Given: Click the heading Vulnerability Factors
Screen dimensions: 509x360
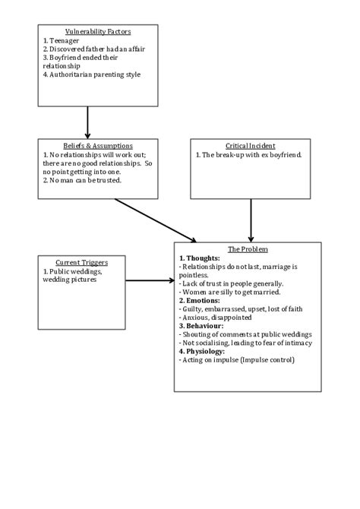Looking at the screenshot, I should click(x=98, y=32).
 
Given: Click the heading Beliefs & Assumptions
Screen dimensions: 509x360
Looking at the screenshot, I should click(x=98, y=145).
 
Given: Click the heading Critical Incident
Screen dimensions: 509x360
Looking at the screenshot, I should click(x=250, y=145).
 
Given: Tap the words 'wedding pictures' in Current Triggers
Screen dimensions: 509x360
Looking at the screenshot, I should click(x=70, y=280).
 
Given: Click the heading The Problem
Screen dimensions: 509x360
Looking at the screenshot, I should click(x=248, y=249).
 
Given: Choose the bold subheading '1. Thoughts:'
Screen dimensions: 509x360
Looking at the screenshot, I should click(x=199, y=258).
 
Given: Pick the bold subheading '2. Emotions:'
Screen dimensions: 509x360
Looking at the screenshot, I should click(x=201, y=300).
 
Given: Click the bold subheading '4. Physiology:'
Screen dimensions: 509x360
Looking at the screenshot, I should click(x=204, y=351).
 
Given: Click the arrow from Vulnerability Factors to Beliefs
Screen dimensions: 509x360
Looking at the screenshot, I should click(x=87, y=122).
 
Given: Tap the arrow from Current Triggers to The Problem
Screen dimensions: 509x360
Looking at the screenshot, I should click(x=150, y=280).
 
